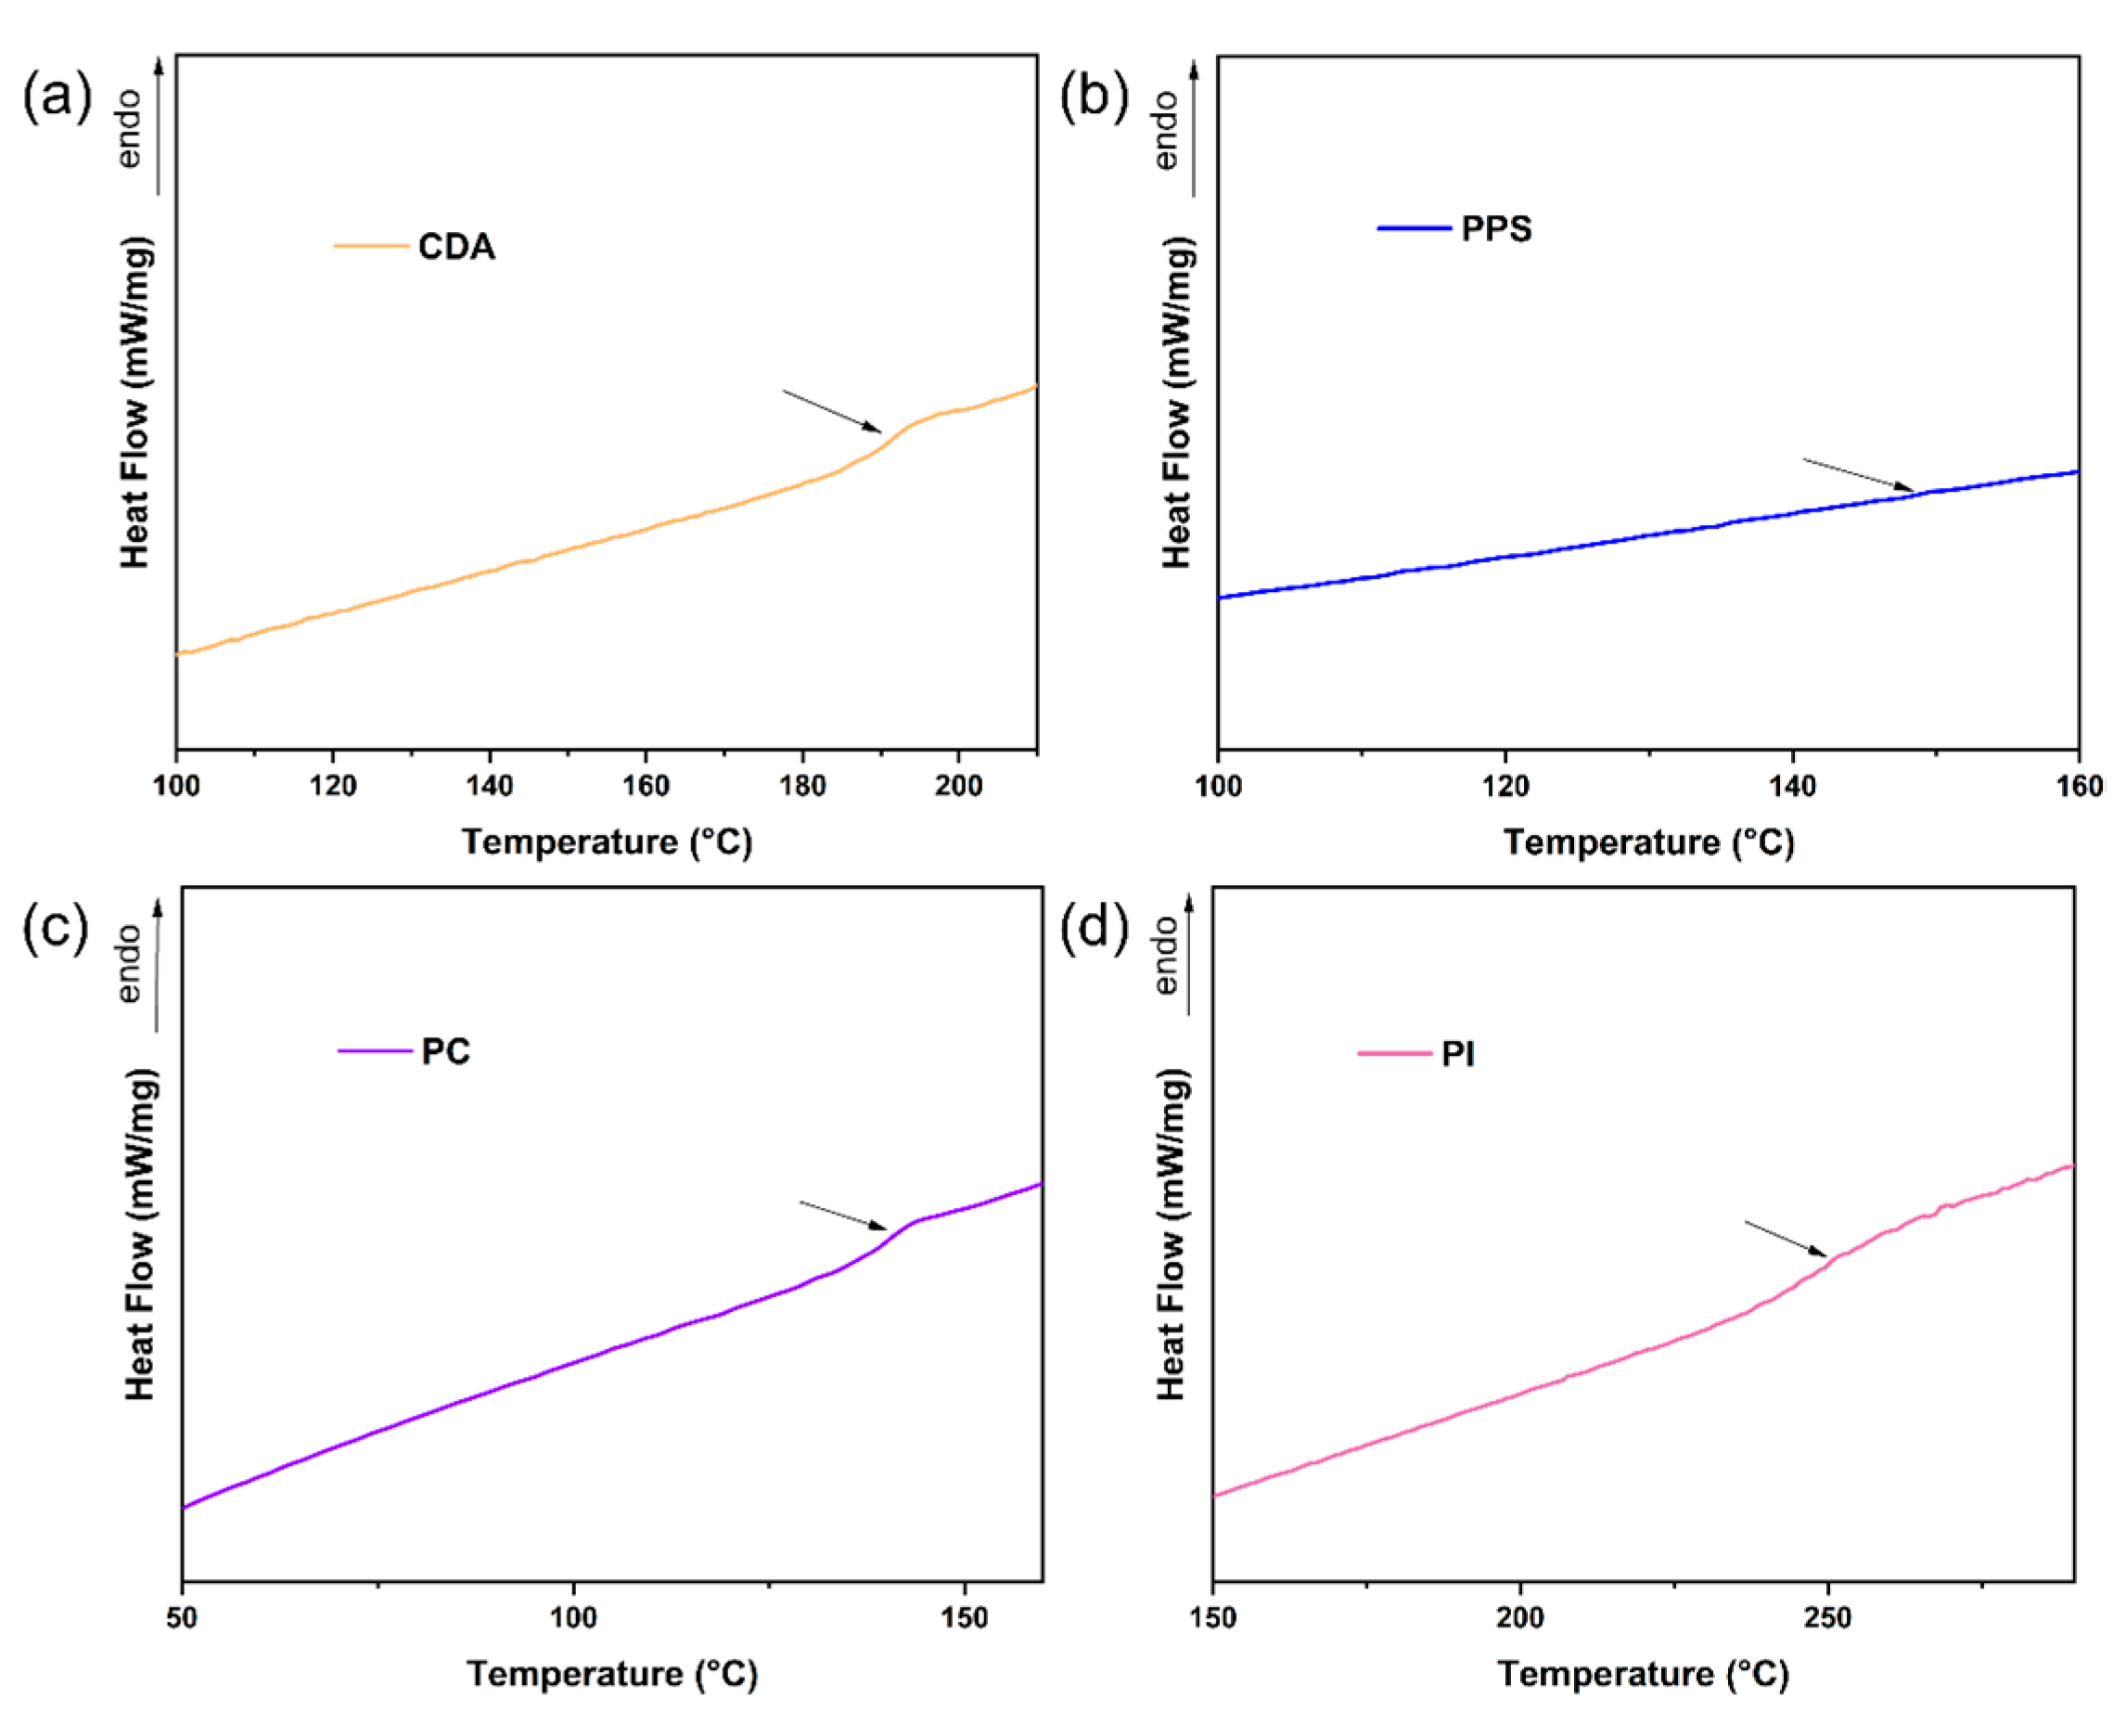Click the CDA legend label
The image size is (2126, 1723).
[455, 246]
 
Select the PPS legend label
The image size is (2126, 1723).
[1496, 229]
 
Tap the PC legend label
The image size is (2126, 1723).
[445, 1051]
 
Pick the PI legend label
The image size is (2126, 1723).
[1457, 1054]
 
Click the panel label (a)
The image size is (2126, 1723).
[57, 97]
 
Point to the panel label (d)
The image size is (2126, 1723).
[1094, 929]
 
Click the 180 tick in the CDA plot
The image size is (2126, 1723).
[801, 786]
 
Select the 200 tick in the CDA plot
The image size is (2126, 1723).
[958, 786]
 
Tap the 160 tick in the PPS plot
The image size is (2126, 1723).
[2080, 786]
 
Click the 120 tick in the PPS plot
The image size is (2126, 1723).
[1505, 786]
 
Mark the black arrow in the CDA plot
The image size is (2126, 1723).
[831, 411]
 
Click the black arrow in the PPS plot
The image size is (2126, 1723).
[1858, 474]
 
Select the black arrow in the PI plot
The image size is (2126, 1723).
[1785, 1239]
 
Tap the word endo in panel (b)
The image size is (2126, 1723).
[1167, 130]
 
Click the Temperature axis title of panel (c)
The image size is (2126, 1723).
[612, 1675]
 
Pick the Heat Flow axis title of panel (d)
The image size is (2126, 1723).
[1172, 1235]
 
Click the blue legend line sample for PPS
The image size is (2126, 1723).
[1414, 228]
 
